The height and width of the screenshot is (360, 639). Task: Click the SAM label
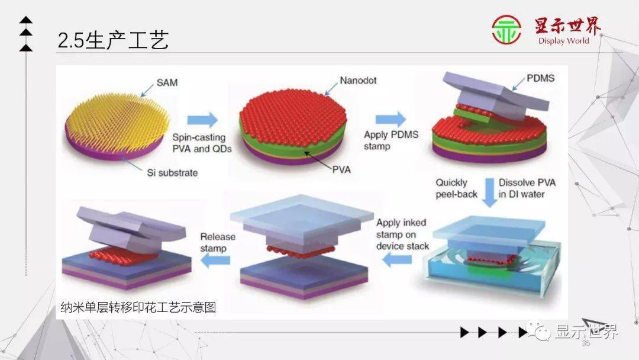click(x=166, y=83)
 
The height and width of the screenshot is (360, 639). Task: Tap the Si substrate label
click(x=172, y=173)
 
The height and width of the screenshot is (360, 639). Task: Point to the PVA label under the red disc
click(x=341, y=169)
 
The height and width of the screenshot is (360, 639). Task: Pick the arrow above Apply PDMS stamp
click(x=390, y=118)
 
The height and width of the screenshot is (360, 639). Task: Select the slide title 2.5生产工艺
click(x=113, y=40)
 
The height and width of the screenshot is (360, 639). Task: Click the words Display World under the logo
click(x=563, y=41)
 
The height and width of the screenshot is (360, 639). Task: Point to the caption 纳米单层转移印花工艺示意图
click(x=139, y=307)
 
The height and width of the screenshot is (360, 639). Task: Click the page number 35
click(x=586, y=343)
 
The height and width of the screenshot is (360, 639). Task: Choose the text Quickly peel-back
click(x=456, y=188)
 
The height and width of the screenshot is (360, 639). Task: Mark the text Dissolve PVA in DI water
click(x=527, y=188)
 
